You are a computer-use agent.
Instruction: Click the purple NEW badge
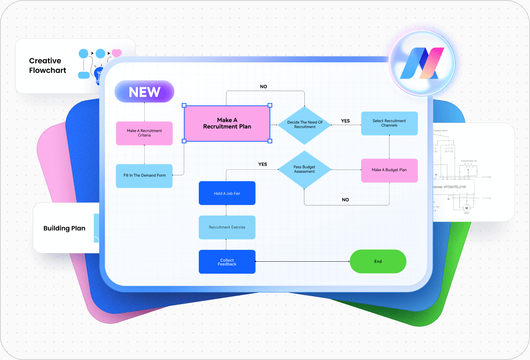(144, 92)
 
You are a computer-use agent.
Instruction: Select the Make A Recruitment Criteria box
(144, 133)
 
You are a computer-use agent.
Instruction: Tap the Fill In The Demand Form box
(144, 175)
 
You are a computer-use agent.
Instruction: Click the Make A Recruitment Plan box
(227, 123)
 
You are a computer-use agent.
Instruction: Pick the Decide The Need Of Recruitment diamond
(305, 125)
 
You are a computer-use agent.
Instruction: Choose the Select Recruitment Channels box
(389, 123)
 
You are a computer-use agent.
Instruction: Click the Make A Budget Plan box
(389, 170)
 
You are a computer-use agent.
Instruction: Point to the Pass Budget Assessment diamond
(304, 169)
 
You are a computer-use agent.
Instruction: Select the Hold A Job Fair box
(227, 194)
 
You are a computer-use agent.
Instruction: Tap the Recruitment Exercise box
(227, 227)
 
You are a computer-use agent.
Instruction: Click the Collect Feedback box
(227, 262)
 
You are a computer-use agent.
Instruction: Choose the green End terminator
(378, 261)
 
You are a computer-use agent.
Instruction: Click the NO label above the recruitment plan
(264, 87)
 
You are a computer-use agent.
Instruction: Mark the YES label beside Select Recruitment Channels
(345, 121)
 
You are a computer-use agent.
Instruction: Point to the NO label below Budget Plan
(345, 200)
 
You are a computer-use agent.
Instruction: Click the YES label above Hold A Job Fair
(263, 164)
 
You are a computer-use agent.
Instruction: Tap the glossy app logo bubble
(422, 63)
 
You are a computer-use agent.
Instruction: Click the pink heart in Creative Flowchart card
(117, 53)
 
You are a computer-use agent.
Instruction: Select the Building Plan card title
(64, 228)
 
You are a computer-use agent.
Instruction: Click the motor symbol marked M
(466, 208)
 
